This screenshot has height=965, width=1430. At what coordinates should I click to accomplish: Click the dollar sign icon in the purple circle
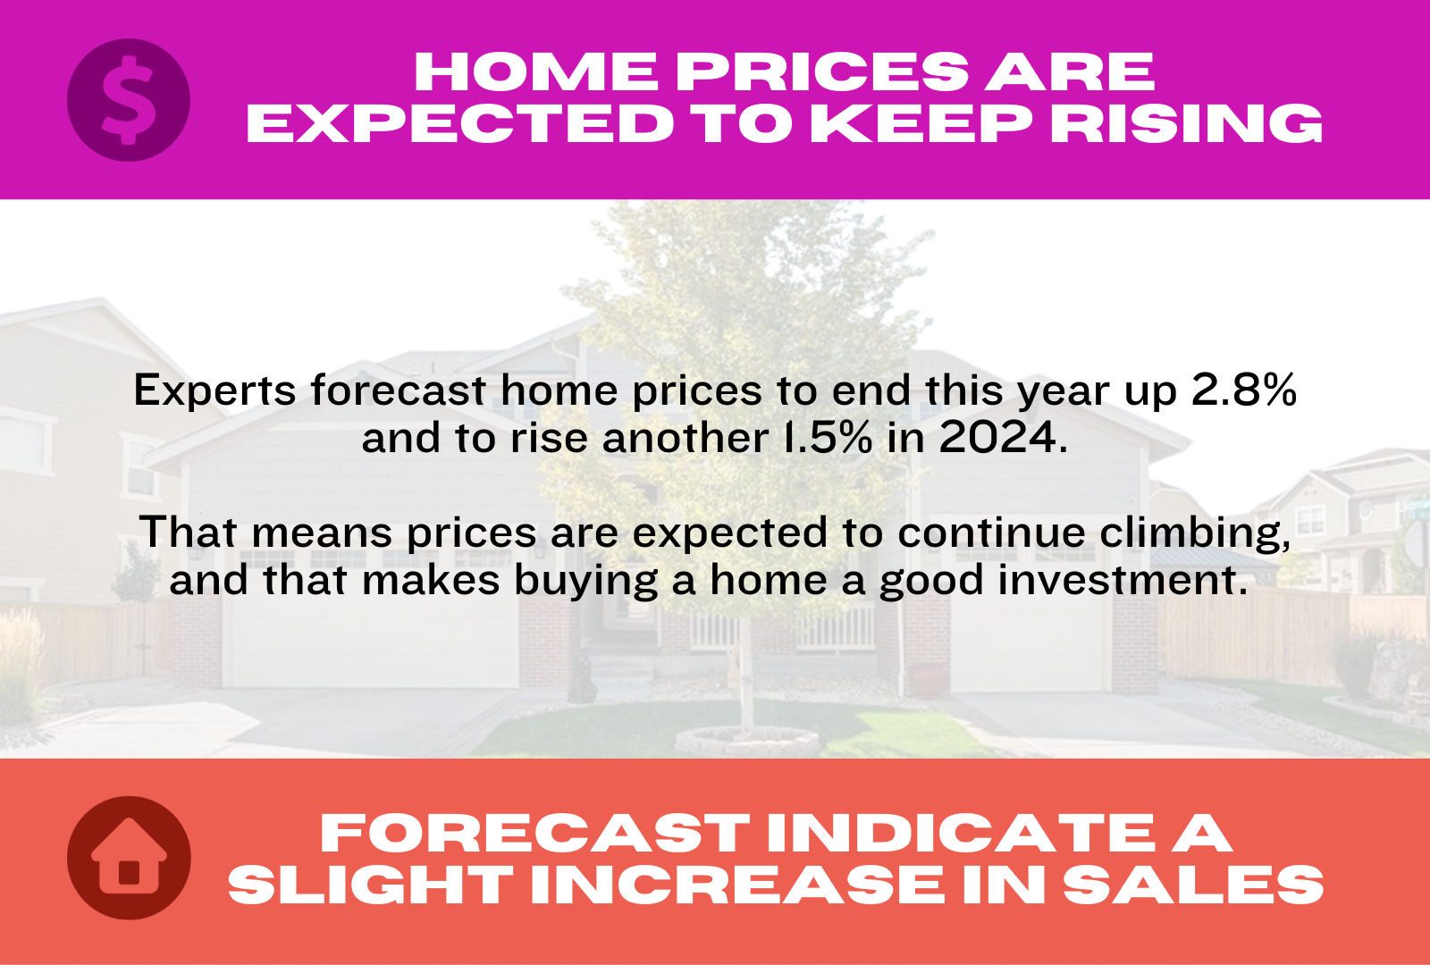pos(129,100)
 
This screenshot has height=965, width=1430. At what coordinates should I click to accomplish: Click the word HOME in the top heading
pos(535,72)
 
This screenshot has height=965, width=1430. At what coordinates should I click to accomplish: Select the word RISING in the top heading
pos(1186,123)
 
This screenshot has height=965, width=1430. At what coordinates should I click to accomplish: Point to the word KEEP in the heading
pos(921,123)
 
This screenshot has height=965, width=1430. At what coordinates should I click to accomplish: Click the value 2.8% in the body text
pos(1244,390)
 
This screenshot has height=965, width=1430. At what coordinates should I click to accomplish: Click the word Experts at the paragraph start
pos(214,390)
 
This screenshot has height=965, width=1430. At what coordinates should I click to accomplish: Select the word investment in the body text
pos(1123,580)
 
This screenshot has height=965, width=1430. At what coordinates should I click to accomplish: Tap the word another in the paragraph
pos(685,439)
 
